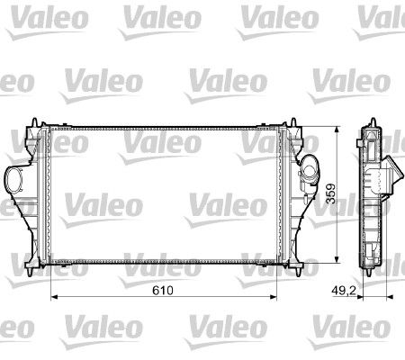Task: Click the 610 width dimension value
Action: [x=163, y=290]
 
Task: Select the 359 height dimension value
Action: [x=331, y=193]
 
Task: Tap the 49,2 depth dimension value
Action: [x=344, y=290]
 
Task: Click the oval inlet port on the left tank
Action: [x=13, y=180]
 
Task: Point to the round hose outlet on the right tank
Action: [x=310, y=169]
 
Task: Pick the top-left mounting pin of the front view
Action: [x=34, y=122]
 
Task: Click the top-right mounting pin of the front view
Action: [x=293, y=122]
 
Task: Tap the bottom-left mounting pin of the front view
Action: [x=29, y=272]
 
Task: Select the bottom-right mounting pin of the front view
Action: [x=299, y=272]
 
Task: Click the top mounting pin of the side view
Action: [x=373, y=122]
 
